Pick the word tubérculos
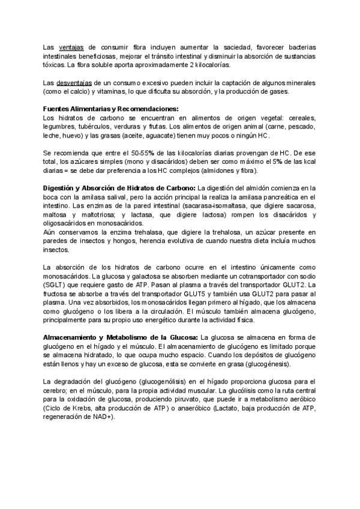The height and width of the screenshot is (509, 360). point(97,127)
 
